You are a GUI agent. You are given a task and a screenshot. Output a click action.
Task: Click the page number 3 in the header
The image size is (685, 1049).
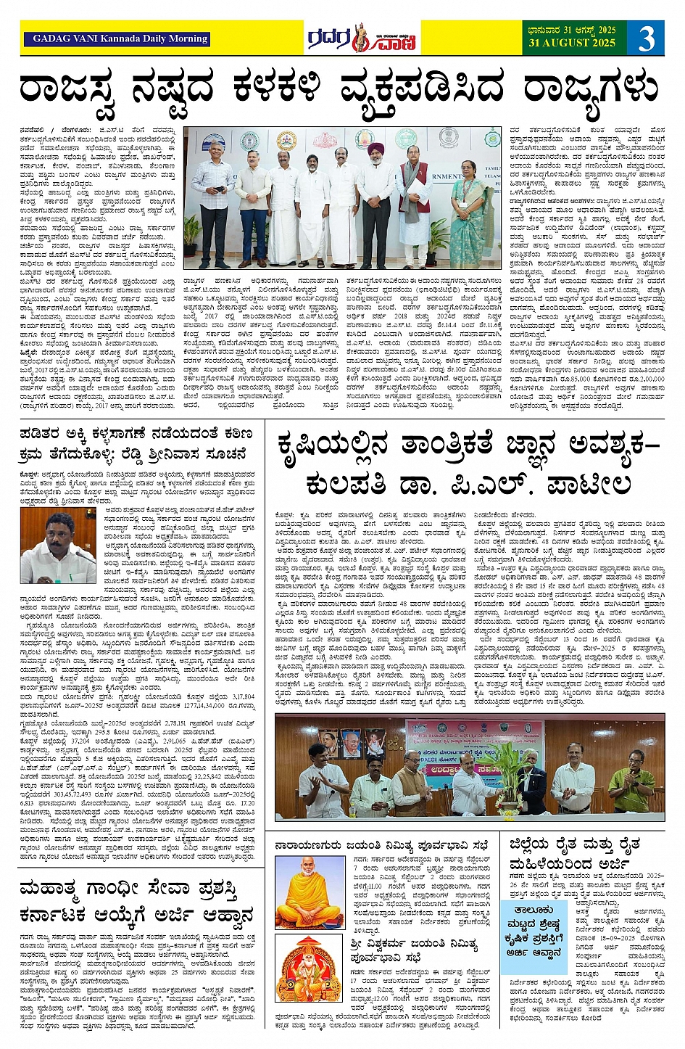point(646,38)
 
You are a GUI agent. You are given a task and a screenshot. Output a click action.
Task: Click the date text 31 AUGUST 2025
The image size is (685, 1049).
point(572,44)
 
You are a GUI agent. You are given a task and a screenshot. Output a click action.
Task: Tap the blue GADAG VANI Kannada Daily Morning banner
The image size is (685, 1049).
point(120,39)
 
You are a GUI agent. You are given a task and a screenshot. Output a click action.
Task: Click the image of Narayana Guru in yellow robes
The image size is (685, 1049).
point(310,892)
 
